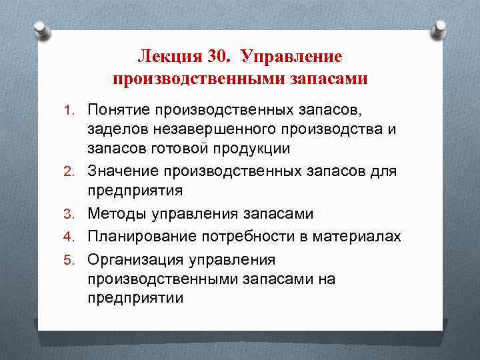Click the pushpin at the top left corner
point(41,30)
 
